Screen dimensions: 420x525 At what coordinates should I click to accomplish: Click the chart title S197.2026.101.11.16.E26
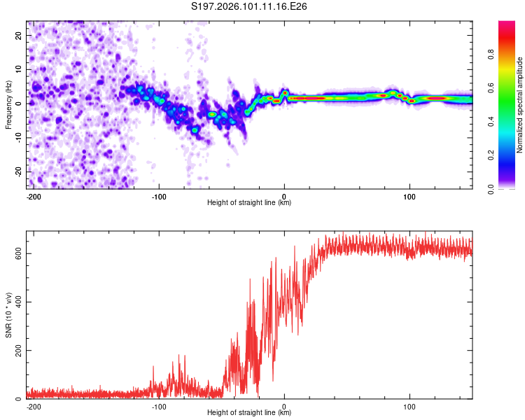(250, 7)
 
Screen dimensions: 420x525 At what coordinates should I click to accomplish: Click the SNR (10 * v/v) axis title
(9, 315)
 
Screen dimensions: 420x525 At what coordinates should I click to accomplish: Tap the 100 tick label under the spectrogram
(409, 196)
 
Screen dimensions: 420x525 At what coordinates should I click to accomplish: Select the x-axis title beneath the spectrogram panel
(249, 203)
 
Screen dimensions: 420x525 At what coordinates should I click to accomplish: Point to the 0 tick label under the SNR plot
(284, 406)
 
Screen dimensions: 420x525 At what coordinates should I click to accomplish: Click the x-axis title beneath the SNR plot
(249, 413)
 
